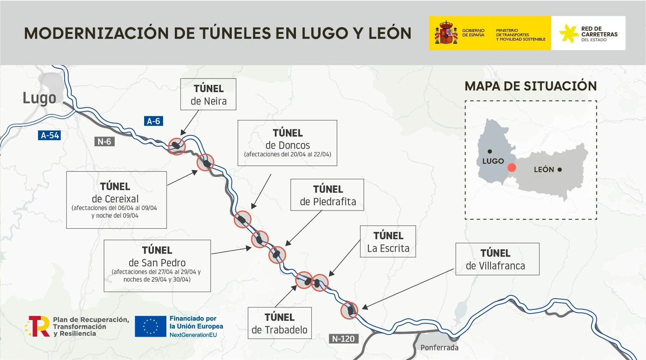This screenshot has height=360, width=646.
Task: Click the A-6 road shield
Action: click(x=153, y=121)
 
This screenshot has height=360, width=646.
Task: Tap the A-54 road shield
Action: click(x=50, y=135)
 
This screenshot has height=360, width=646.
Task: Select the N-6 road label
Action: click(x=104, y=141)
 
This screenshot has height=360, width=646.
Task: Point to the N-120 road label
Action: click(x=343, y=339)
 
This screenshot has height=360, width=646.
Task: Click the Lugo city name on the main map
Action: click(x=39, y=98)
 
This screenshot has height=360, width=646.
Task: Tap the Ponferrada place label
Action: click(x=439, y=347)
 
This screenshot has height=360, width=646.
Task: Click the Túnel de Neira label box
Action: click(x=208, y=95)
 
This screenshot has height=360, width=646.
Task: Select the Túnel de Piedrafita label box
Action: click(x=327, y=195)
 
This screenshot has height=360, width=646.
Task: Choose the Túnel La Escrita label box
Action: click(x=388, y=242)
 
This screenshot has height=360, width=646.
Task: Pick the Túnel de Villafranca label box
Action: click(x=497, y=259)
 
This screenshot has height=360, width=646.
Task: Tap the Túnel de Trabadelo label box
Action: click(x=279, y=323)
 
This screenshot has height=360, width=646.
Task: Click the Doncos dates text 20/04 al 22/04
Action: click(x=287, y=154)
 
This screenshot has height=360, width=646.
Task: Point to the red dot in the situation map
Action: click(x=512, y=168)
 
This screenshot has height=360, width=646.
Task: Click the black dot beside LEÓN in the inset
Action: click(x=560, y=170)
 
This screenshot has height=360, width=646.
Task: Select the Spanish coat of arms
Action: click(x=446, y=33)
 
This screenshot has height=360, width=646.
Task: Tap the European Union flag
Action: click(x=151, y=326)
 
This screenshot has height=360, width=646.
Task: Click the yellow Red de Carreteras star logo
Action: click(x=569, y=33)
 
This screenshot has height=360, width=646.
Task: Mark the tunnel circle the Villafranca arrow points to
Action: click(x=349, y=310)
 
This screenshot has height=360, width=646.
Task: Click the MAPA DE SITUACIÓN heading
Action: click(x=531, y=86)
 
